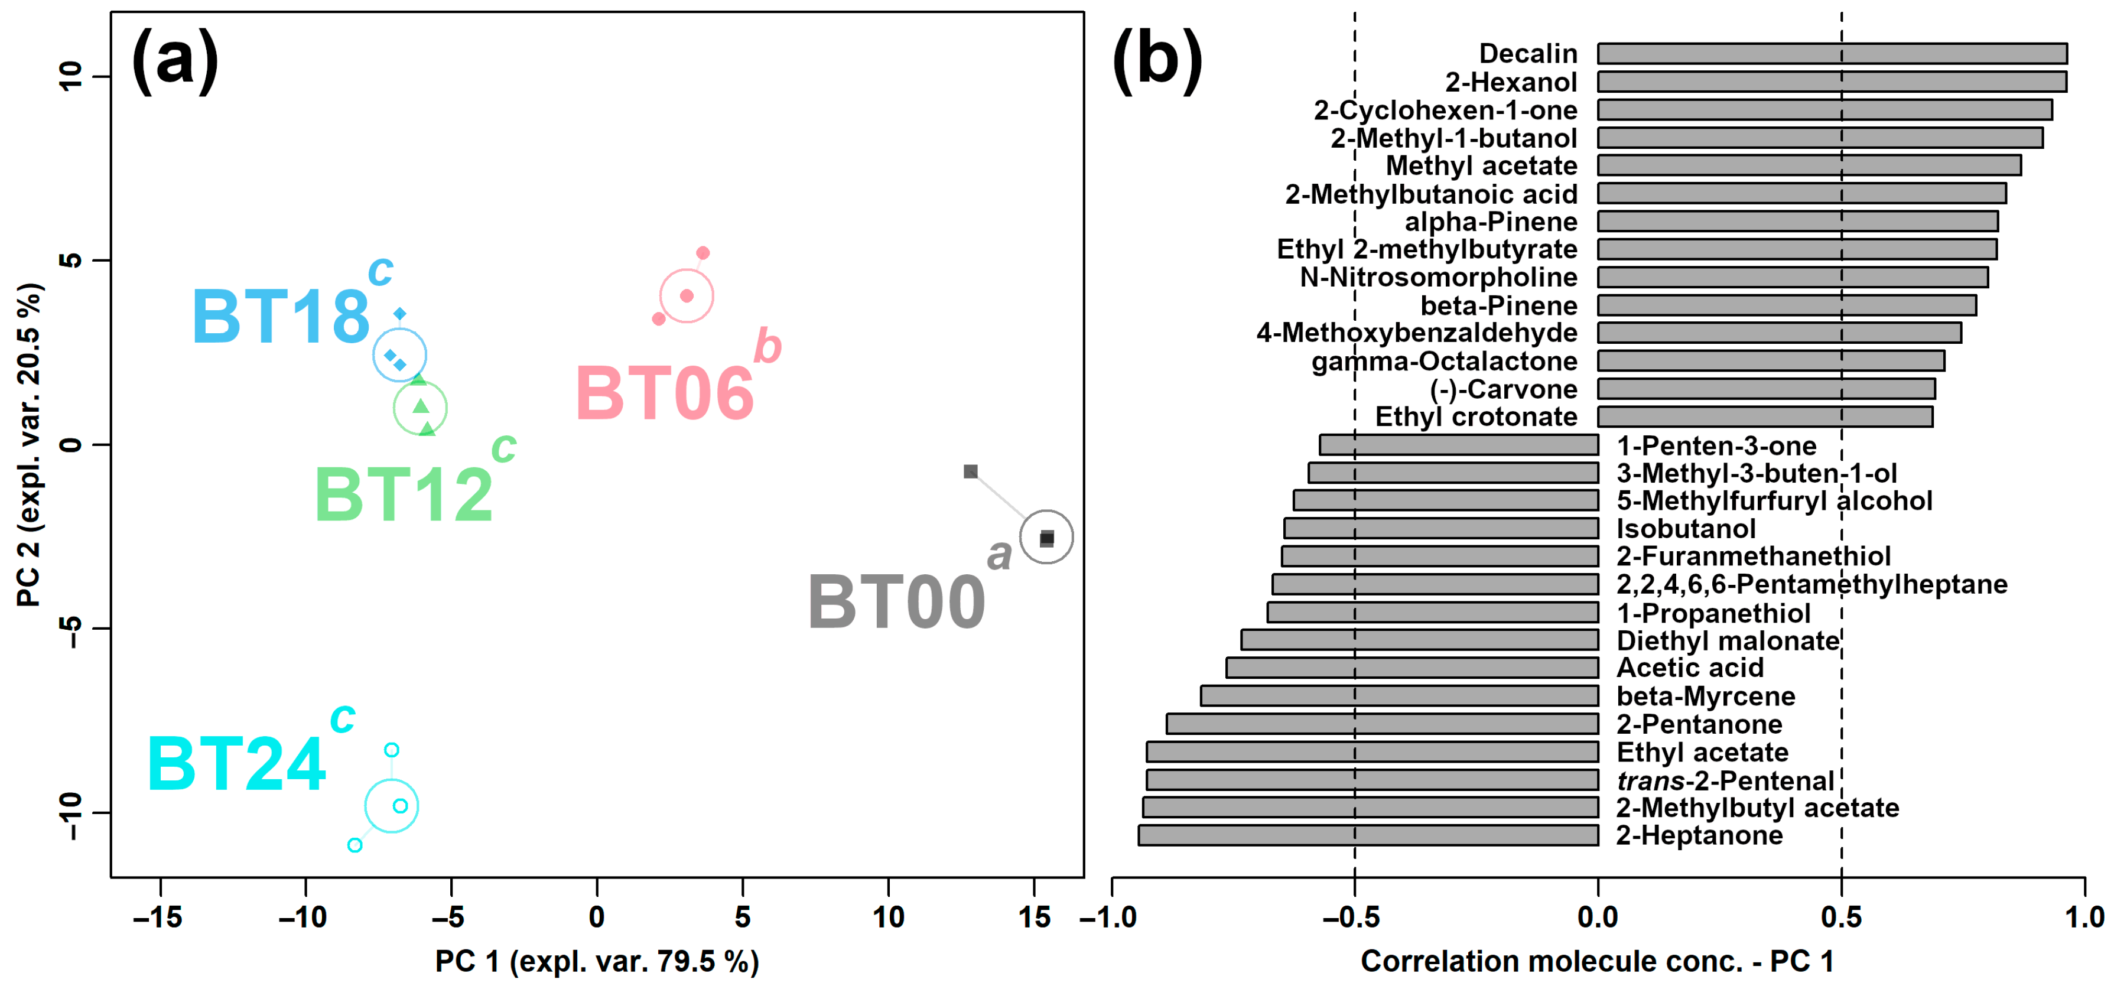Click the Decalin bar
(1832, 53)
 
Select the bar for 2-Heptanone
(1368, 835)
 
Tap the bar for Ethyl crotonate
(1764, 416)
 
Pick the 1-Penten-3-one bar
(1458, 445)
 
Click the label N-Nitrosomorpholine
(1437, 277)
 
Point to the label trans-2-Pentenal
(1725, 780)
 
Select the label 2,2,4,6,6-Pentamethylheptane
(1811, 584)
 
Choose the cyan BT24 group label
(236, 764)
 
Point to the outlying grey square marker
(970, 471)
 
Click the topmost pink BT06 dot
(703, 253)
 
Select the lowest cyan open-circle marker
(354, 845)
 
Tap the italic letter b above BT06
(767, 346)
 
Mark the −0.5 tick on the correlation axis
(1354, 916)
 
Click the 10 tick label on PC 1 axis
(888, 916)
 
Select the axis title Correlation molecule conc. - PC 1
(1597, 961)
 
